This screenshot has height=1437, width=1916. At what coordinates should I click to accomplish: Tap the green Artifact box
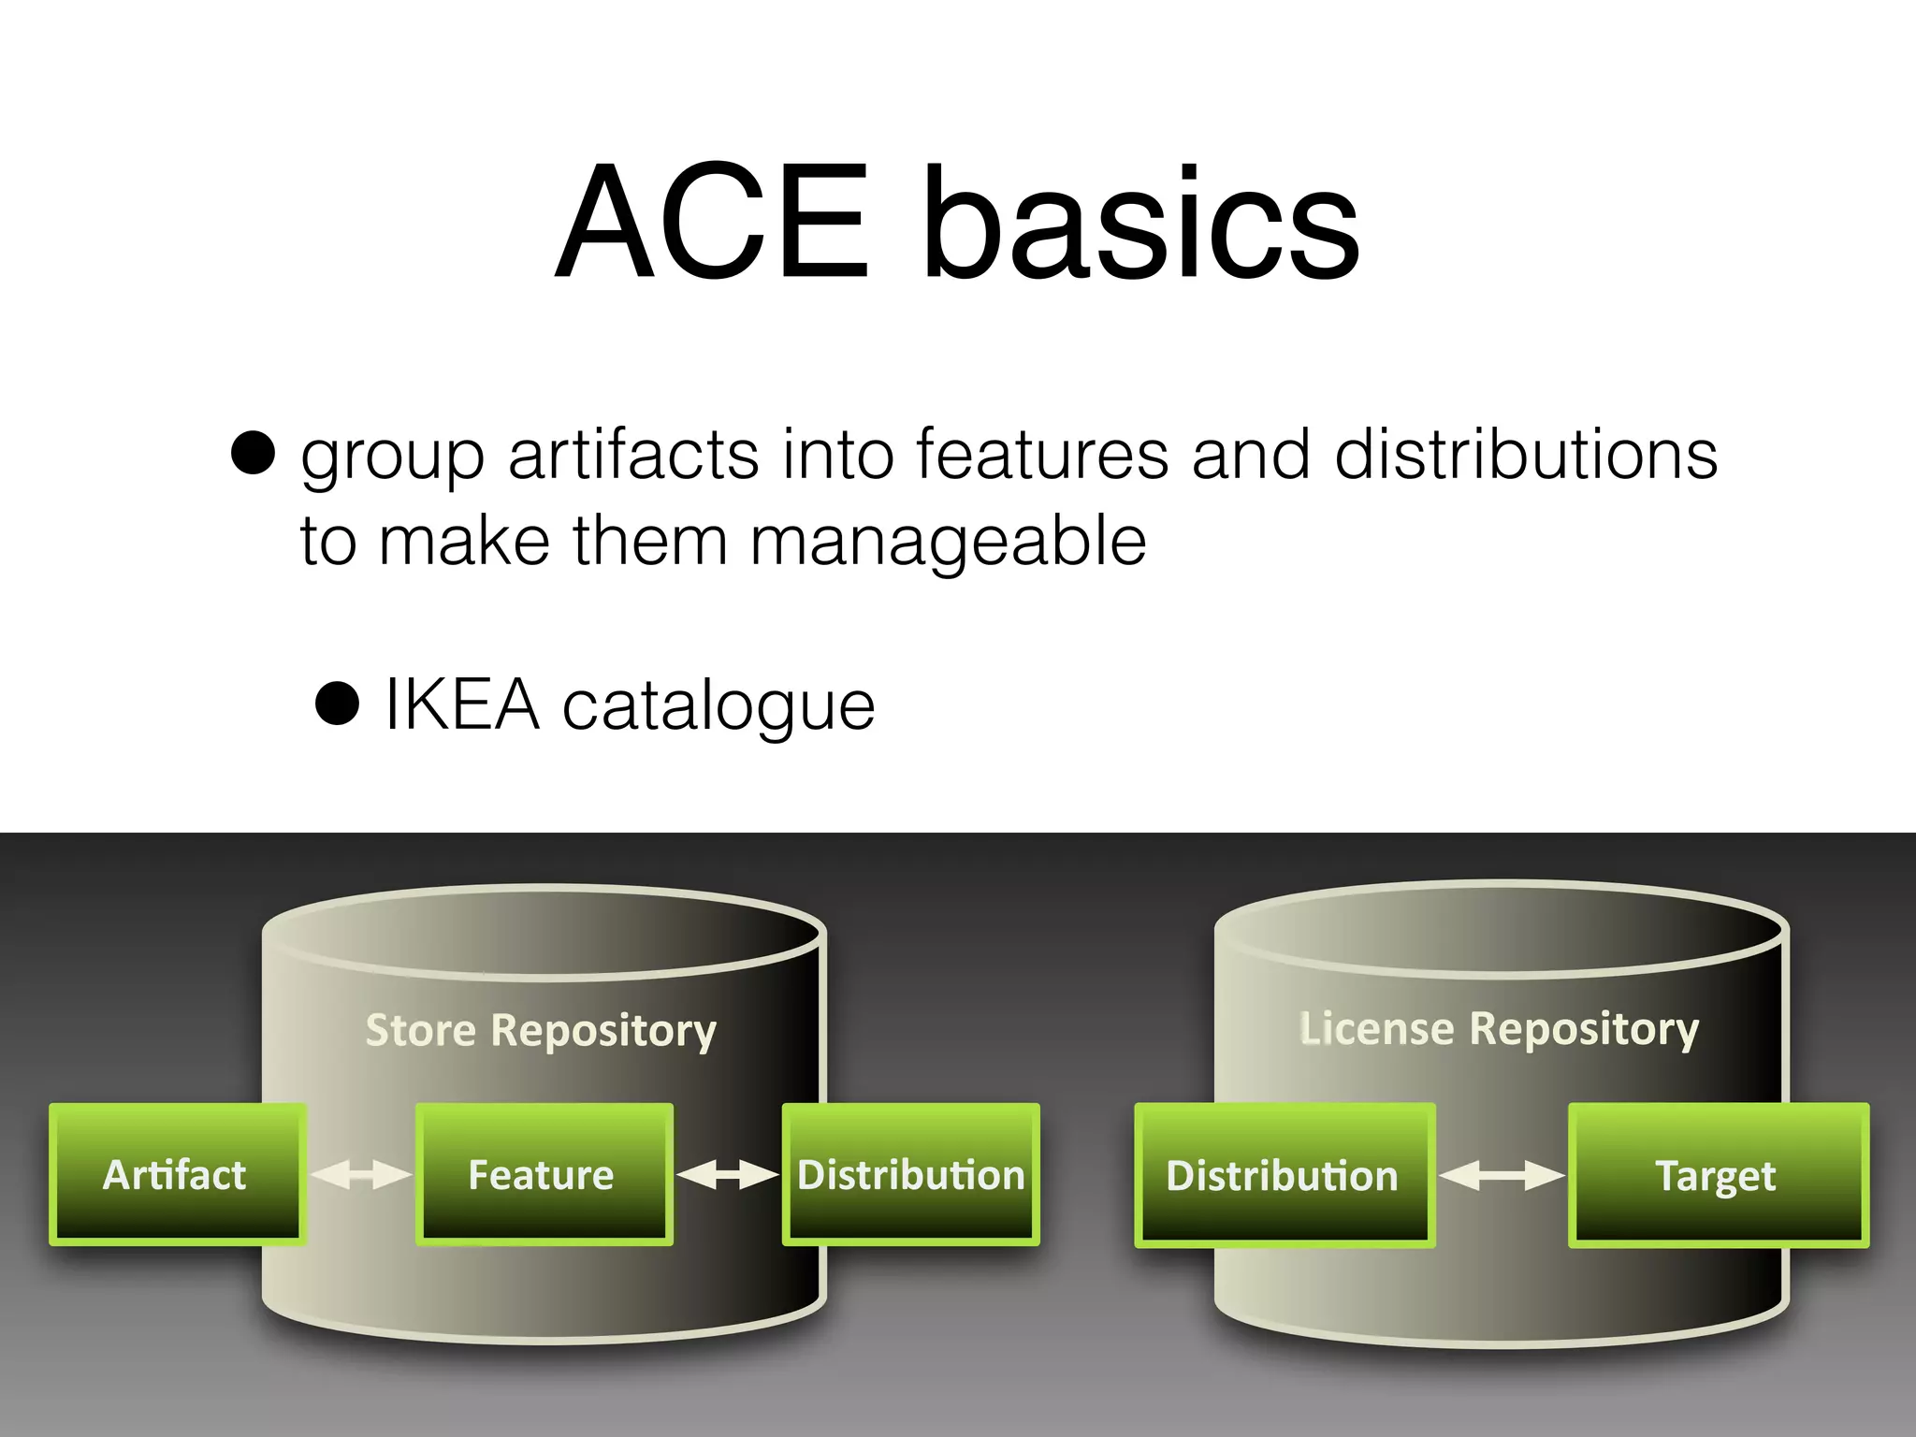[177, 1174]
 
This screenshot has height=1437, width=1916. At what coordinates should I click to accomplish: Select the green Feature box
[544, 1174]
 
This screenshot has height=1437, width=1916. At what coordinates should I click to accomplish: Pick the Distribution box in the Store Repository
[910, 1174]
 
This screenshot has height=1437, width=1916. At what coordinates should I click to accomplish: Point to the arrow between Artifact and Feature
[361, 1174]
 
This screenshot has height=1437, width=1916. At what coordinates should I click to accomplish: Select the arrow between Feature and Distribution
[728, 1174]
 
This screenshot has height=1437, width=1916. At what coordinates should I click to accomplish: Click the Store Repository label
[541, 1030]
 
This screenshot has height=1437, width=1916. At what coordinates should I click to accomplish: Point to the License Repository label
[1499, 1028]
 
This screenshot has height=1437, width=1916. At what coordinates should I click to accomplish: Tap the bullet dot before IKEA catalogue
[338, 704]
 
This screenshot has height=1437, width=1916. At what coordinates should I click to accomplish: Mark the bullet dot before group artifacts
[253, 454]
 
